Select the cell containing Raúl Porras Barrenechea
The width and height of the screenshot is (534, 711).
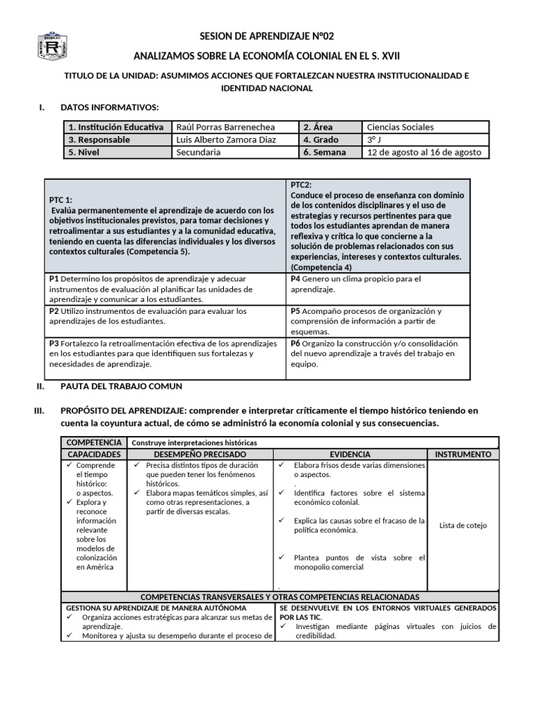point(225,127)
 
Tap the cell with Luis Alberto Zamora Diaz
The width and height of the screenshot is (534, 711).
point(226,140)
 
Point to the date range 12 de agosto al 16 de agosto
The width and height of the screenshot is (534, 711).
point(424,152)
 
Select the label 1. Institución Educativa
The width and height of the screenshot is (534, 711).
point(115,127)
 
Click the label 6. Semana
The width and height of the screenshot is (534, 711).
point(325,152)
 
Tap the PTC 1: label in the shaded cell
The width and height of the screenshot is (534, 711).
point(61,199)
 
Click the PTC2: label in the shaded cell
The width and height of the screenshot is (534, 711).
point(301,185)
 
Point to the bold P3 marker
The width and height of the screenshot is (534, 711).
point(54,344)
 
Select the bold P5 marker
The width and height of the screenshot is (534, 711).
point(296,311)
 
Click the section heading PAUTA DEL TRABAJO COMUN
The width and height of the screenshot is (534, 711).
point(122,386)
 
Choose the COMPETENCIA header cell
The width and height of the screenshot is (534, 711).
point(93,442)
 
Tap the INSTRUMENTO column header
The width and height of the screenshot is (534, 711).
point(462,454)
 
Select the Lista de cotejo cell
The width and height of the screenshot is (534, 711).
point(462,525)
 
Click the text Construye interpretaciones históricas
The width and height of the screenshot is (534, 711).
point(194,442)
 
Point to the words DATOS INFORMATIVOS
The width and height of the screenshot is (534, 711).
point(110,107)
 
